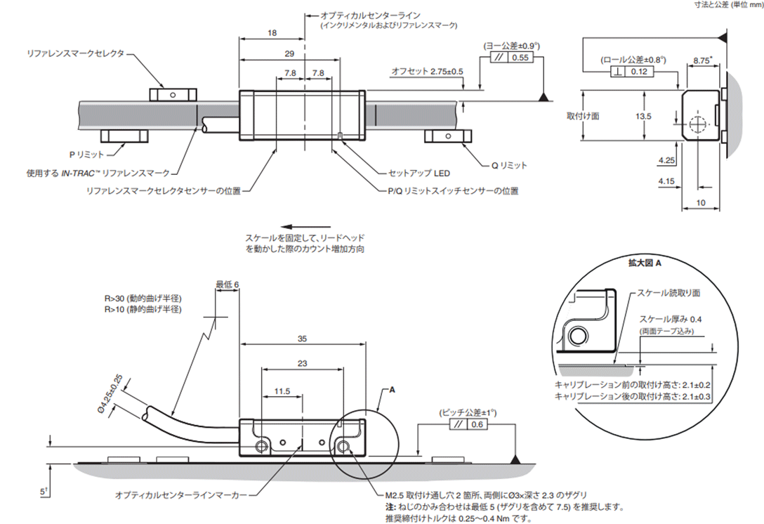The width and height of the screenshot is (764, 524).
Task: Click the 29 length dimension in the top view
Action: pyautogui.click(x=289, y=53)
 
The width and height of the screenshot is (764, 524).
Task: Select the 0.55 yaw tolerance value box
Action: pyautogui.click(x=520, y=58)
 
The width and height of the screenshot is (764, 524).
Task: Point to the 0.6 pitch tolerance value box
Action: pyautogui.click(x=477, y=424)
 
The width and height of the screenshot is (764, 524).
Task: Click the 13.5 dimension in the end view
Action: pyautogui.click(x=643, y=116)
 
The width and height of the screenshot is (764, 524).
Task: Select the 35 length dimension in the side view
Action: pyautogui.click(x=302, y=339)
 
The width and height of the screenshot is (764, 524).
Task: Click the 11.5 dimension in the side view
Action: pyautogui.click(x=282, y=391)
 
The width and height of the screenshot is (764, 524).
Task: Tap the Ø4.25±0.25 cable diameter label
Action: pyautogui.click(x=110, y=394)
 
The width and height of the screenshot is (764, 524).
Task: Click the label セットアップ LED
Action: pyautogui.click(x=419, y=173)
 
